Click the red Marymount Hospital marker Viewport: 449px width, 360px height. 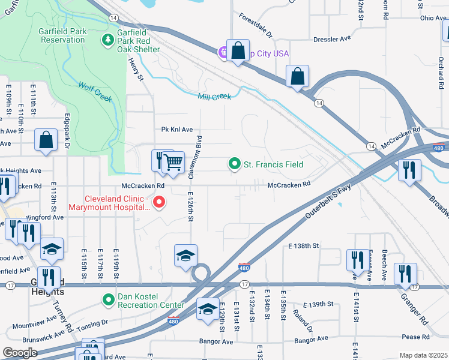click(x=159, y=203)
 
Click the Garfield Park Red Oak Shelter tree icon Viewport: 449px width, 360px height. click(x=107, y=40)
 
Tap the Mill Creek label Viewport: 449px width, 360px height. click(x=214, y=96)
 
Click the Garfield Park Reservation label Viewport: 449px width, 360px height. click(x=63, y=35)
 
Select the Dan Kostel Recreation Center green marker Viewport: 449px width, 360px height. click(x=108, y=299)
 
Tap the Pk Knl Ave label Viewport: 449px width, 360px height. click(x=177, y=129)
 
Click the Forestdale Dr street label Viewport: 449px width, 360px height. click(x=256, y=26)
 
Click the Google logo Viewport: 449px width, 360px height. click(x=20, y=352)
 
